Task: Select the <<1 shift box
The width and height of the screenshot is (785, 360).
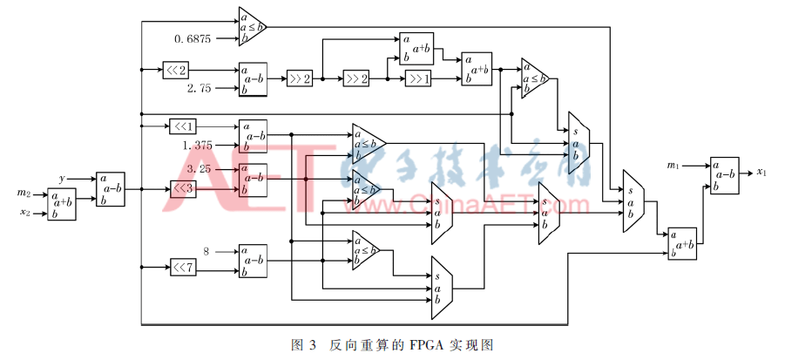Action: tap(182, 126)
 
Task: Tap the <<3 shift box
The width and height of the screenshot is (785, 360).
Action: tap(182, 187)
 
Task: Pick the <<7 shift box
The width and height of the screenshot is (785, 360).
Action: tap(182, 265)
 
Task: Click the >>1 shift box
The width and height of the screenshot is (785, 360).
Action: tap(417, 79)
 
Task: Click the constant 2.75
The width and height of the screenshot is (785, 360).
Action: tap(200, 89)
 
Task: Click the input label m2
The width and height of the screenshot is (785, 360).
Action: tap(24, 193)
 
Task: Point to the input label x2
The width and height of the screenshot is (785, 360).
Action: tap(24, 213)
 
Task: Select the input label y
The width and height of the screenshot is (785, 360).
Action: tap(62, 179)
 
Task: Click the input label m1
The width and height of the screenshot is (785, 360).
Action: tap(673, 165)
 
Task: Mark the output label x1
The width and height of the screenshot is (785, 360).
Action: tap(761, 172)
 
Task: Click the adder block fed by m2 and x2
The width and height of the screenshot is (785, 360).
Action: tap(62, 203)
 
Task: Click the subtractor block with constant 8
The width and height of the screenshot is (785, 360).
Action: tap(254, 260)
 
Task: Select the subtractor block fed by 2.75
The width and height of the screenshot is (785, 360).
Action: tap(254, 78)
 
